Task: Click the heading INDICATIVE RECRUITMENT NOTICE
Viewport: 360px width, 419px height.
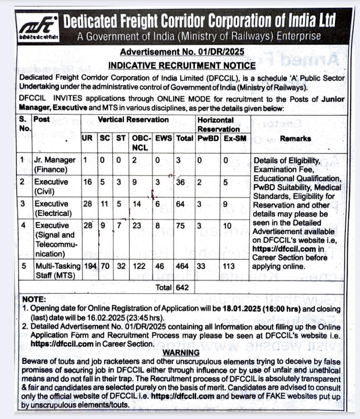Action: [x=182, y=66]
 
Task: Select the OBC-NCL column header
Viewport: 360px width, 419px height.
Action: [x=141, y=142]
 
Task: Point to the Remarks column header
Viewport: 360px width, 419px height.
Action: [x=295, y=138]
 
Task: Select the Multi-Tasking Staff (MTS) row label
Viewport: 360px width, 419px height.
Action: [x=57, y=270]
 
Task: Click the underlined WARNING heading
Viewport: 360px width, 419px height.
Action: [x=181, y=353]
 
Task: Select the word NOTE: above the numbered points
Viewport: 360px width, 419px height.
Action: [x=33, y=300]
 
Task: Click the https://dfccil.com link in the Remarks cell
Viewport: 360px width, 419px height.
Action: [x=283, y=249]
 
